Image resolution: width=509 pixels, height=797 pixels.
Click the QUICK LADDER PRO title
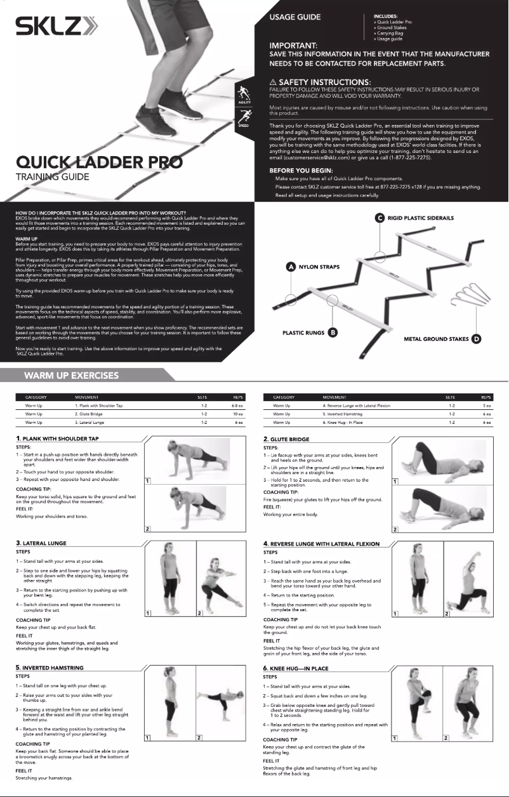(99, 162)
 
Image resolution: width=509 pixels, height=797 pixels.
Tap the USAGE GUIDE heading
(295, 17)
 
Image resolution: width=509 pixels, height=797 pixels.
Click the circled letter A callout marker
(291, 267)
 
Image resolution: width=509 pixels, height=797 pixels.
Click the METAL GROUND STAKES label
(437, 339)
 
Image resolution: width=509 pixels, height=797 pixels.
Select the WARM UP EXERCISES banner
(71, 375)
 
